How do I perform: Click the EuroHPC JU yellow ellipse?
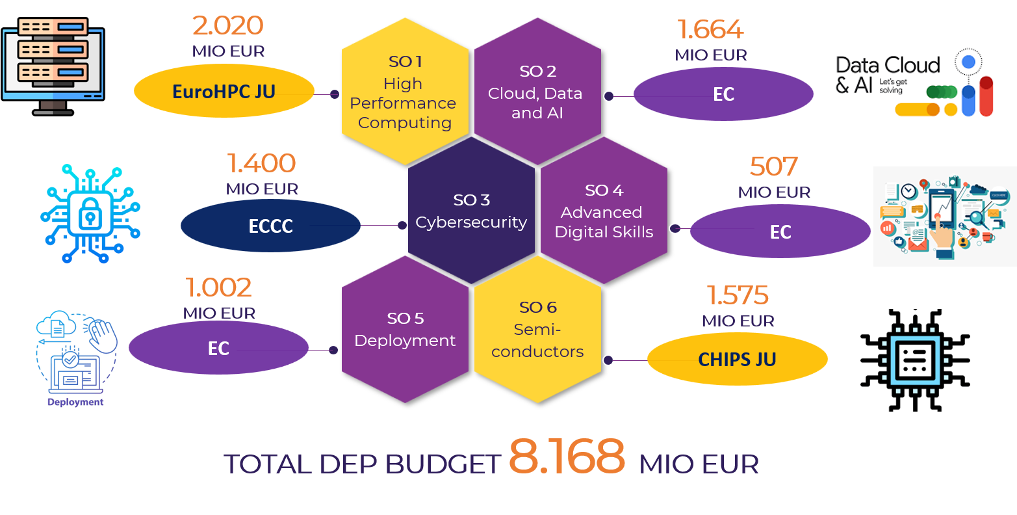tap(224, 91)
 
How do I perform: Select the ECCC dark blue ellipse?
tap(270, 226)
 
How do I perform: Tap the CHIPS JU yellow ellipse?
tap(738, 359)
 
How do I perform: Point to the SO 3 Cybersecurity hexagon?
tap(471, 211)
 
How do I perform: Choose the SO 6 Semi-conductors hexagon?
tap(537, 329)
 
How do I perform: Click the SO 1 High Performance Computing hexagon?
tap(405, 91)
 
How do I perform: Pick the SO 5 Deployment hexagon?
tap(405, 329)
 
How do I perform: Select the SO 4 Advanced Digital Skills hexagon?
tap(604, 211)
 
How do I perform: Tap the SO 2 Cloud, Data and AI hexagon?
tap(537, 91)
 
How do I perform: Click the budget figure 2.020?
tap(228, 25)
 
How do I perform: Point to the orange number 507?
tap(774, 166)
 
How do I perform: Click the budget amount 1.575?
tap(738, 295)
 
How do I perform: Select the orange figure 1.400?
tap(261, 163)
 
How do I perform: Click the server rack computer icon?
tap(53, 66)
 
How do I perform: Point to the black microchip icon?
tap(915, 360)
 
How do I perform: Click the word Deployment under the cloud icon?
tap(75, 402)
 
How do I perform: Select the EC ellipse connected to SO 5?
tap(218, 348)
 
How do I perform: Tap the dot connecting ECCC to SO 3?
tap(402, 225)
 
